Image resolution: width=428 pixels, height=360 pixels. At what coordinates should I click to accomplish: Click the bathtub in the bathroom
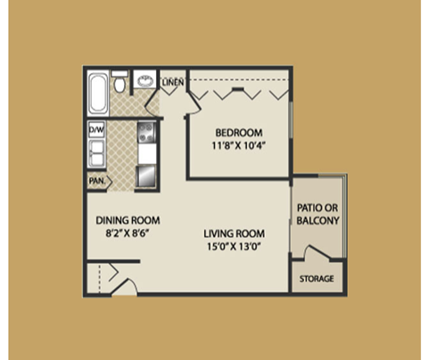pos(97,91)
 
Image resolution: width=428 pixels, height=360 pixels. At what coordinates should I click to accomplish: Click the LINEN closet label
pos(173,83)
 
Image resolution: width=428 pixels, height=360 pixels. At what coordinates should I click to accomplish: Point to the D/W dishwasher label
pos(96,130)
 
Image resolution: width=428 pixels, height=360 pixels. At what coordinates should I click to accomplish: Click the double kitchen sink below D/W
pos(96,153)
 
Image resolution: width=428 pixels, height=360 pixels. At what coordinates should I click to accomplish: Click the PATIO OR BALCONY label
pos(317,218)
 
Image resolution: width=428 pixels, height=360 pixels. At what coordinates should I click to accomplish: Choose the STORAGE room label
pos(317,279)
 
